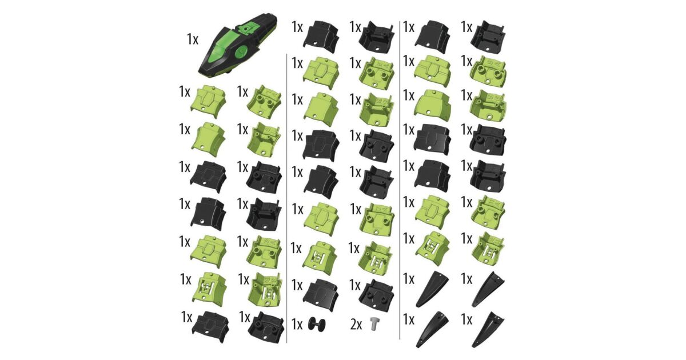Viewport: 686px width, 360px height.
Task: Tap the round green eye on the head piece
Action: pos(242,52)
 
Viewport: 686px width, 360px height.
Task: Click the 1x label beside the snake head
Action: pos(193,39)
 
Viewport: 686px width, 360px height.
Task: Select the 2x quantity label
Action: pos(356,325)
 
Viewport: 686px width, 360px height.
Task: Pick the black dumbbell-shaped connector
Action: pos(316,324)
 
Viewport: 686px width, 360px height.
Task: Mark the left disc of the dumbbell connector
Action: pos(312,324)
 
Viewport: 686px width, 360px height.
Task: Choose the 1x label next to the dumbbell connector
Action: pos(297,325)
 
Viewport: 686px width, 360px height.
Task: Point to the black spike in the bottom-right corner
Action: pos(487,329)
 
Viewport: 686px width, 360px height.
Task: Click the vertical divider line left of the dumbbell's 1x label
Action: pos(286,198)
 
